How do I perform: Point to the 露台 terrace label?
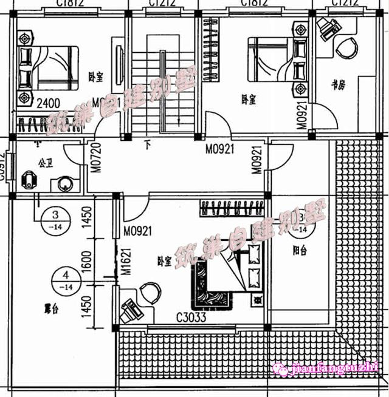(50, 308)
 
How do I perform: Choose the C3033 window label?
(191, 317)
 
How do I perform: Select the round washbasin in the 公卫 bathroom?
(63, 183)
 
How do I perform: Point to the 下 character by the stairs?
(147, 146)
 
